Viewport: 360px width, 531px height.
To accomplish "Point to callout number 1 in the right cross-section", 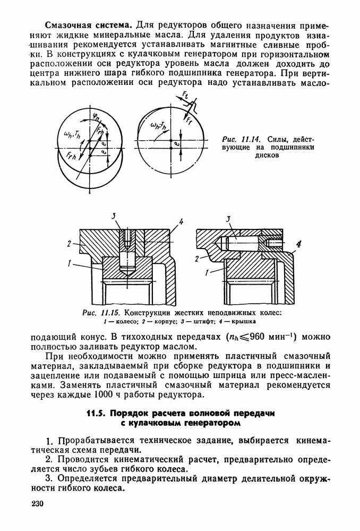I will (x=207, y=272).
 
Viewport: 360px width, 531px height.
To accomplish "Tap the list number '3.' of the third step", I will (x=49, y=481).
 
